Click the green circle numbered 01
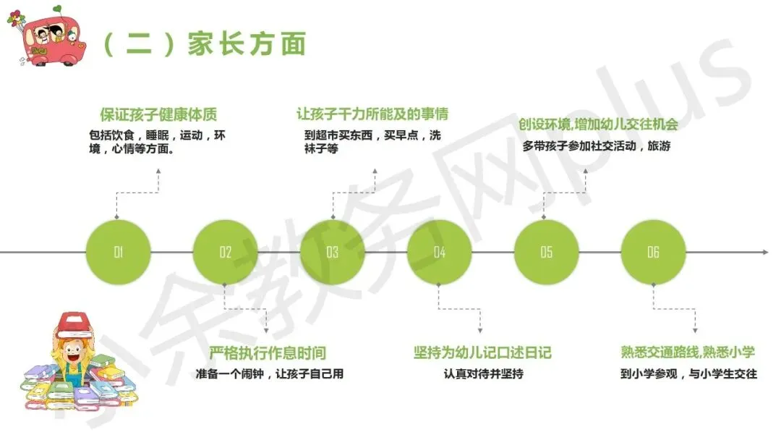(x=119, y=252)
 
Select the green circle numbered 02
(x=226, y=252)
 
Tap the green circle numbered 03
(x=333, y=252)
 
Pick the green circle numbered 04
(x=440, y=252)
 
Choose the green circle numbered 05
(x=547, y=252)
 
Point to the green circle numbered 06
(x=654, y=252)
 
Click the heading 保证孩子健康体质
(x=158, y=114)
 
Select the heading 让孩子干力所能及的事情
(x=372, y=114)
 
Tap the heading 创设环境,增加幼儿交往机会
(x=598, y=124)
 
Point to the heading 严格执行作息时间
(x=268, y=353)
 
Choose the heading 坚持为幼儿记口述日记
(x=482, y=352)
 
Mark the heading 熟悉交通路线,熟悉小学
(x=688, y=352)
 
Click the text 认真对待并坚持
(x=483, y=374)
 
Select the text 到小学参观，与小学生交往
(x=688, y=374)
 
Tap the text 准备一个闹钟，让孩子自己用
(x=269, y=374)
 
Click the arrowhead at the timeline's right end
(x=764, y=252)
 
